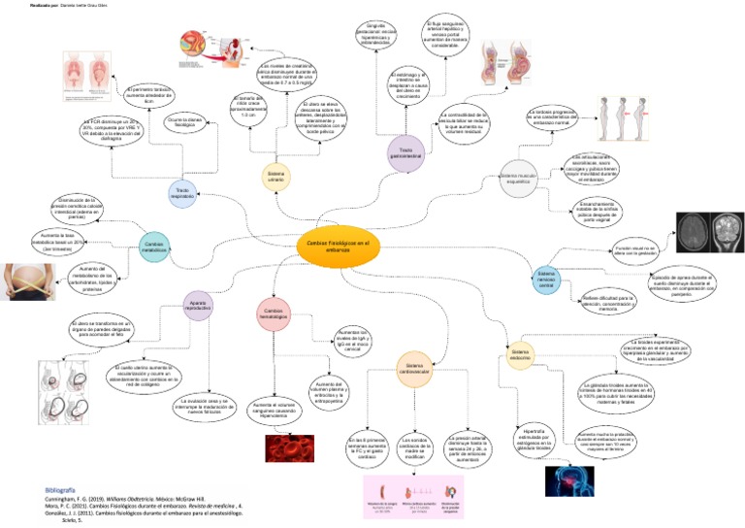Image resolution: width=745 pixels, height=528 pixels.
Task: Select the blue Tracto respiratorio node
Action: click(x=181, y=192)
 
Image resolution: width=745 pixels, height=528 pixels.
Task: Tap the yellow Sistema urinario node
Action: click(x=277, y=175)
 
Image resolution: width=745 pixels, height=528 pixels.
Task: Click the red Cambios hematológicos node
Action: click(x=273, y=313)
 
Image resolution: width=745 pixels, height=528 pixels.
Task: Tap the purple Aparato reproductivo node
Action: click(x=199, y=306)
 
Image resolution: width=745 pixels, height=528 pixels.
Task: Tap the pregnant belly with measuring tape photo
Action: click(x=29, y=284)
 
